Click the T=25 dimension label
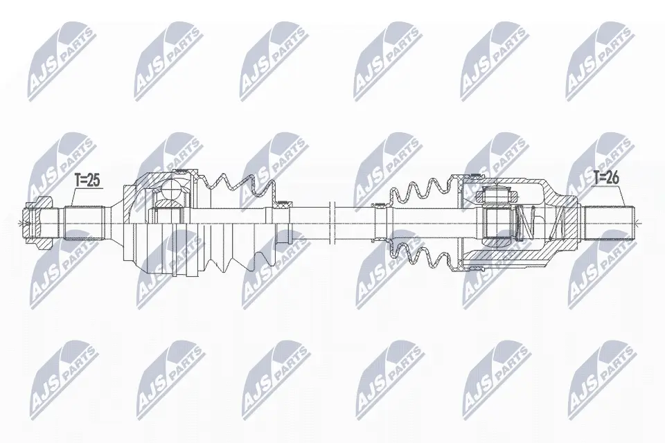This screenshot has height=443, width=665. point(87,181)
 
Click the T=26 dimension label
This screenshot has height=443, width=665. point(606,178)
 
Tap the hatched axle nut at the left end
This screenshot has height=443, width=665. point(38,223)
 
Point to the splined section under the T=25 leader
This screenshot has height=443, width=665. point(84,223)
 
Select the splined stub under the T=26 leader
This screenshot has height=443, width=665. point(609,223)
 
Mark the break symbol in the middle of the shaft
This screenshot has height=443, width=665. point(332,223)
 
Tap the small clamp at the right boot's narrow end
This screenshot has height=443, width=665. point(380,206)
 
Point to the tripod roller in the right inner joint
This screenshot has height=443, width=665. point(497,195)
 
